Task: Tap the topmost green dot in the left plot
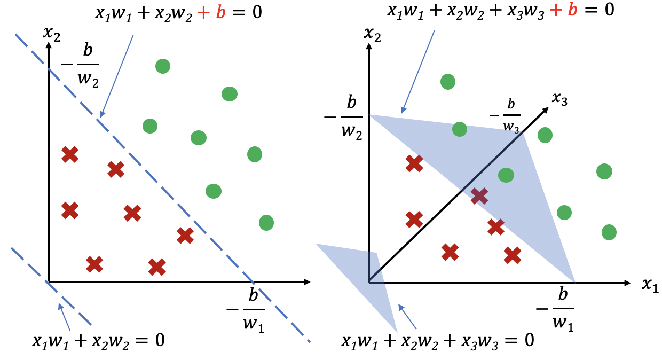[162, 66]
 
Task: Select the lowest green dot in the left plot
[266, 222]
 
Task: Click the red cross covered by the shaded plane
[480, 196]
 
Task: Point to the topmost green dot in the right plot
[447, 82]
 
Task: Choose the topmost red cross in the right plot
[414, 163]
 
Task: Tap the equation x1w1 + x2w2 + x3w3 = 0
[438, 340]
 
